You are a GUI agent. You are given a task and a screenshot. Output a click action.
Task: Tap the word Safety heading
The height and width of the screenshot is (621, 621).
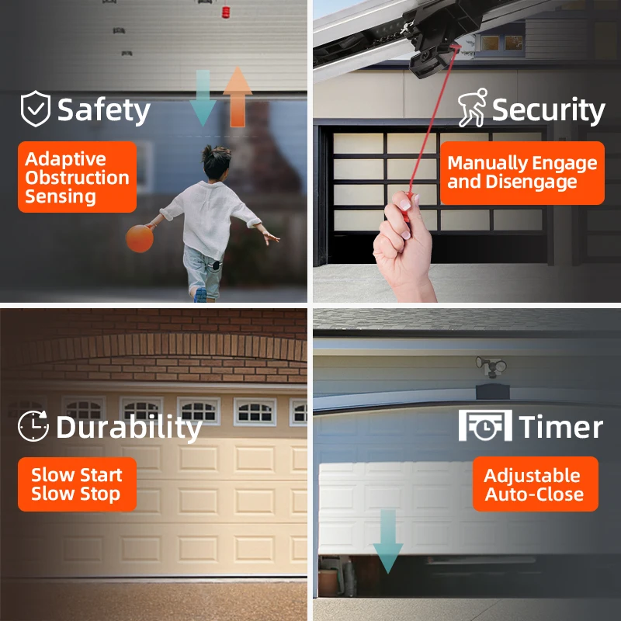point(103,110)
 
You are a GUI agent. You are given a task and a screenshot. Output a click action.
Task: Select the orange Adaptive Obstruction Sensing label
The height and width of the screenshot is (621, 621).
point(77,177)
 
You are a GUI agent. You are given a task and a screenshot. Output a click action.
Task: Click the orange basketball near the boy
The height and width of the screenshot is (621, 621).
point(140,238)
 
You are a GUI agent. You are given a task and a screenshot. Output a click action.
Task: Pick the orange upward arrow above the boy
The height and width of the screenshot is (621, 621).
point(238,96)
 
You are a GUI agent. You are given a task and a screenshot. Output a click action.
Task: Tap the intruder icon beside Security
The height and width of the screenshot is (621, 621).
point(471,110)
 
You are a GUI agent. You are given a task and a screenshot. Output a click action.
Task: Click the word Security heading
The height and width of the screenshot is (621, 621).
point(548,110)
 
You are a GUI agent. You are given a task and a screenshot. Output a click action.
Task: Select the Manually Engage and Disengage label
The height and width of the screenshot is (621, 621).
point(522,173)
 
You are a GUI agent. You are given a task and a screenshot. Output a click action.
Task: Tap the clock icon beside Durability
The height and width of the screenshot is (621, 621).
point(33,425)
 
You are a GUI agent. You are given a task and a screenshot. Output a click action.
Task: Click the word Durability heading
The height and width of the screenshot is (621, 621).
point(128,427)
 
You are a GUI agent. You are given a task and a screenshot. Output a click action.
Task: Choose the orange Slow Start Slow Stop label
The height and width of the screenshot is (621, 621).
point(77,484)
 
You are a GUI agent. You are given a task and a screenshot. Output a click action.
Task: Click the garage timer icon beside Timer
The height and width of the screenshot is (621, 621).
point(484,425)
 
